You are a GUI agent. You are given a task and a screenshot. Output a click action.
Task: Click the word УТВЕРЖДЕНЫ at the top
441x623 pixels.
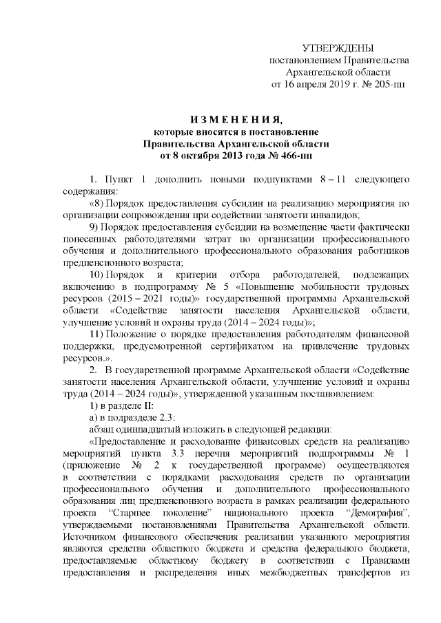[x=338, y=48]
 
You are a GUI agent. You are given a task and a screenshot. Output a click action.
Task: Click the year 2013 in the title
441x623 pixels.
[x=240, y=156]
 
